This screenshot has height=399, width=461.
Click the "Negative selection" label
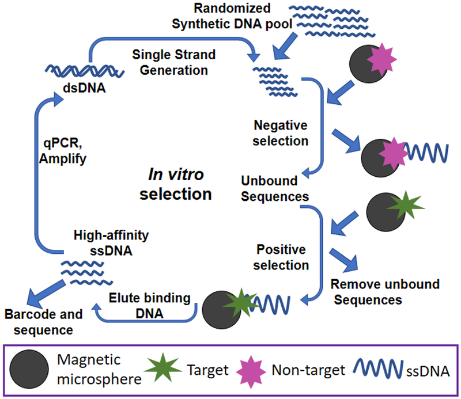[x=281, y=133]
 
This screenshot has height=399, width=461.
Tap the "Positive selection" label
[x=282, y=257]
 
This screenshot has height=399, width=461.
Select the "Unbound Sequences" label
[x=274, y=189]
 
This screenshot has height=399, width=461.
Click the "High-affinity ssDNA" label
[x=104, y=242]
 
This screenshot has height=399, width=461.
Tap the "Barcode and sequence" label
[x=44, y=322]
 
